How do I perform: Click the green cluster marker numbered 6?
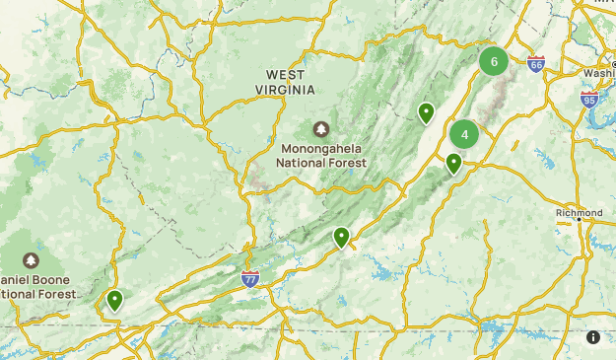494,61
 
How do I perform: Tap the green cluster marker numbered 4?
464,134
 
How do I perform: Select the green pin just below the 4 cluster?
454,163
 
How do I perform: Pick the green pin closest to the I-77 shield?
341,237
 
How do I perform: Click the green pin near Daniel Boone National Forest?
114,299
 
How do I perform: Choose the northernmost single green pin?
426,112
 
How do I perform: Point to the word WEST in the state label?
285,75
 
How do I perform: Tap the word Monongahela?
321,149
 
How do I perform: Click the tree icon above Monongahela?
321,129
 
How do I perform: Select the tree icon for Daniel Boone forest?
31,260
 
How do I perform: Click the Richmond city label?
579,213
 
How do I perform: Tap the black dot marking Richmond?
580,222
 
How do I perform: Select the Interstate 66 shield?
535,64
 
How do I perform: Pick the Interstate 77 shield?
250,280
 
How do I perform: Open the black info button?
593,337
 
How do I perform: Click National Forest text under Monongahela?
321,163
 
